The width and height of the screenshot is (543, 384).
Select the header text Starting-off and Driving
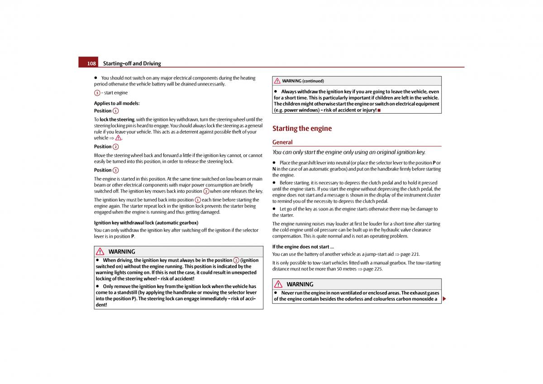132,63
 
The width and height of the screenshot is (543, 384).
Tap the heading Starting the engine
302,129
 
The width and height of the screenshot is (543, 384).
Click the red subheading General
282,142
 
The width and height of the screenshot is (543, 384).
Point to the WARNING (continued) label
303,81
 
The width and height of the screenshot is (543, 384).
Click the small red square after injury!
379,110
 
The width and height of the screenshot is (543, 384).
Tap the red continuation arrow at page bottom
444,299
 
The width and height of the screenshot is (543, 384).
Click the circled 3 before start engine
97,93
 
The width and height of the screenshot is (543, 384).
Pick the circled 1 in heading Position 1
116,111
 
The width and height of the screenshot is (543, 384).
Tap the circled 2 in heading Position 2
116,147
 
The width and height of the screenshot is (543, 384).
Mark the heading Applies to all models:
117,103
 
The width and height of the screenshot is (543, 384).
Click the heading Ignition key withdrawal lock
146,223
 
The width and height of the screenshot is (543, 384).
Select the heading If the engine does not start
303,247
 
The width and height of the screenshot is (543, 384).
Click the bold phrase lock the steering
117,120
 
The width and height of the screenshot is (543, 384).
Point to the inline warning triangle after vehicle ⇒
118,138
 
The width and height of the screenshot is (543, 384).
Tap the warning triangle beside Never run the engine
278,284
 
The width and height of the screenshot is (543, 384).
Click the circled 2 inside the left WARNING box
236,260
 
